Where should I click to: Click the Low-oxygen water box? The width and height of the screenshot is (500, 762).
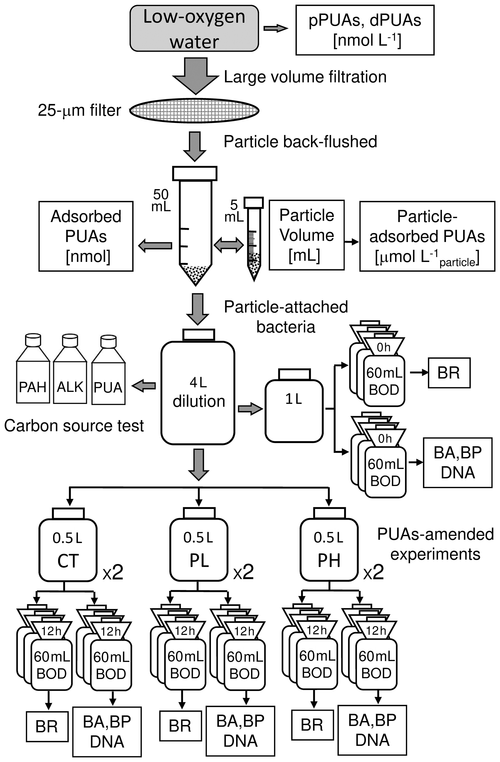[x=194, y=29]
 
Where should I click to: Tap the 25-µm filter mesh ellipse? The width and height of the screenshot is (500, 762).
[x=194, y=111]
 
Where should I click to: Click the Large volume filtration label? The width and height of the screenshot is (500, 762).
[x=305, y=77]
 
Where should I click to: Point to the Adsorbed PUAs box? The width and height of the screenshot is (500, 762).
[x=86, y=236]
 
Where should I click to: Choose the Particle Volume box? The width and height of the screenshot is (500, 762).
[x=306, y=235]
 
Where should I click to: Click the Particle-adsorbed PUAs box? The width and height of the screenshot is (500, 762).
[x=427, y=236]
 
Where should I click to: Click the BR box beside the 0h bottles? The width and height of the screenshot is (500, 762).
[x=449, y=373]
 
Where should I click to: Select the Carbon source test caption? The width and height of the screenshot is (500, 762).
[x=74, y=426]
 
